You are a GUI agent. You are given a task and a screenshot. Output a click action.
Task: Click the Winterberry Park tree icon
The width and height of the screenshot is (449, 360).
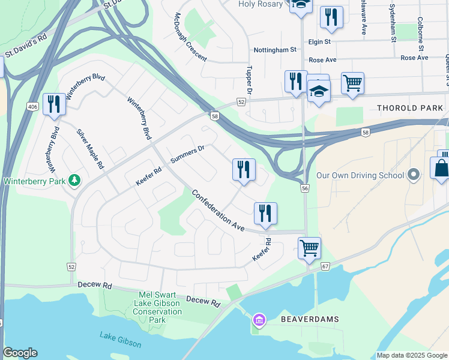pyautogui.click(x=74, y=180)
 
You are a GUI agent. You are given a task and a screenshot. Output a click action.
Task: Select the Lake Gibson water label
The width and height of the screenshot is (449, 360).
pyautogui.click(x=121, y=340)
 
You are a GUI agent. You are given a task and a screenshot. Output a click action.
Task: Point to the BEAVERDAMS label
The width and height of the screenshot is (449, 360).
pyautogui.click(x=310, y=320)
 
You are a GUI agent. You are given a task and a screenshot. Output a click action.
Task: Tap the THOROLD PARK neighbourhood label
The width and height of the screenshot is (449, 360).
pyautogui.click(x=410, y=108)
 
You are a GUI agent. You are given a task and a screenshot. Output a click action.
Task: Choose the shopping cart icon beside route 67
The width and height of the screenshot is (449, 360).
pyautogui.click(x=309, y=247)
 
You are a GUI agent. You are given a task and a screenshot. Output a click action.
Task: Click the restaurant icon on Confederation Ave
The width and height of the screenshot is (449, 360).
pyautogui.click(x=265, y=213)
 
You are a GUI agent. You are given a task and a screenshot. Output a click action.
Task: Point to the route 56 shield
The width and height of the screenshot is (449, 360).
pyautogui.click(x=305, y=188)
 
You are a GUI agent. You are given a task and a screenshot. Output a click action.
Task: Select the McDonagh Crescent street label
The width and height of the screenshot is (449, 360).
pyautogui.click(x=190, y=38)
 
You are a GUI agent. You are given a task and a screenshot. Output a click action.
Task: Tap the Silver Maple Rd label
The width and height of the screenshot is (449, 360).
pyautogui.click(x=90, y=148)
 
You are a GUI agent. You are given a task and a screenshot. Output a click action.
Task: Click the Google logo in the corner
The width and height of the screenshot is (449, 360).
pyautogui.click(x=20, y=353)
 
